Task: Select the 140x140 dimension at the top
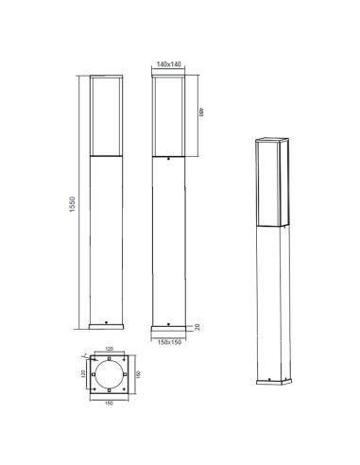[x=168, y=63]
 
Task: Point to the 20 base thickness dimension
[x=197, y=326]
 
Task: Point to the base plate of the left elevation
[x=106, y=328]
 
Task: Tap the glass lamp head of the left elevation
[x=106, y=113]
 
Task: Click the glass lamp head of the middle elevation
[x=168, y=113]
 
